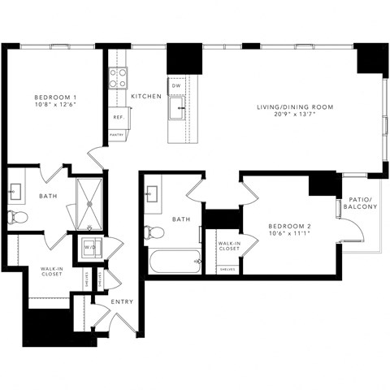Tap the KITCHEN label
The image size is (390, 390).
[x=145, y=96]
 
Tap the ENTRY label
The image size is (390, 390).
[x=123, y=301]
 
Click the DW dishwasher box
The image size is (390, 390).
[x=176, y=85]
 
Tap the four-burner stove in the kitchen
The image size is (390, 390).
[x=118, y=78]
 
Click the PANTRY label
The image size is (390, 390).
[x=117, y=135]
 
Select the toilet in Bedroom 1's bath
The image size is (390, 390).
[x=18, y=217]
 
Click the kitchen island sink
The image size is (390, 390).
[x=176, y=108]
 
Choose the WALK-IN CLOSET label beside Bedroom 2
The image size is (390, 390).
[x=228, y=245]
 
